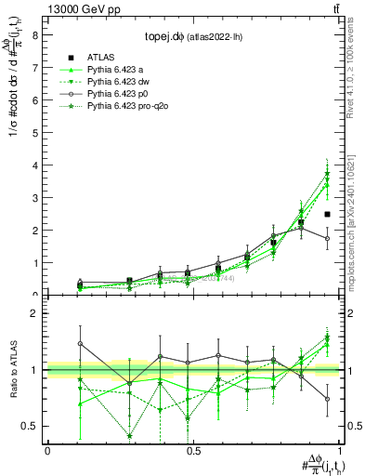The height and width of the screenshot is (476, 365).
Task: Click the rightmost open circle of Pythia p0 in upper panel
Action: [327, 238]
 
